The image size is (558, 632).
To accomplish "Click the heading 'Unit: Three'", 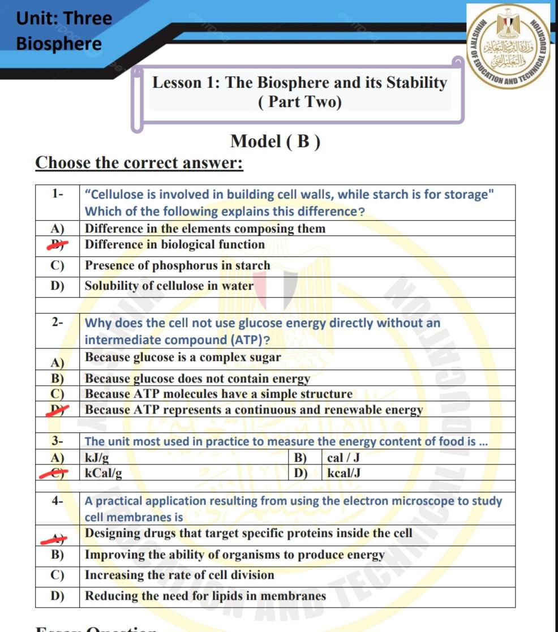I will tap(64, 18).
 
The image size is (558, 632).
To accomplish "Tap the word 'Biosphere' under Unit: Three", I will tap(59, 44).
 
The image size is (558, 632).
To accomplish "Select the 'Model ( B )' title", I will tap(276, 141).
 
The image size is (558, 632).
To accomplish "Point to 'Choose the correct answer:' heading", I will tap(139, 163).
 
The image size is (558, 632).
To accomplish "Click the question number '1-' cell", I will tap(57, 194).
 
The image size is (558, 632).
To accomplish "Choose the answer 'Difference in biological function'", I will tap(174, 245).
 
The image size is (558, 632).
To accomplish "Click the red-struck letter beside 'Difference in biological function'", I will tap(57, 245).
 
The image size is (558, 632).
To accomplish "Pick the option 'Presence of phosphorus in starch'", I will tap(177, 265).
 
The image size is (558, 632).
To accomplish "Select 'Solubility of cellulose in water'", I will tap(169, 286).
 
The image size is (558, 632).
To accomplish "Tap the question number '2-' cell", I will tap(57, 323).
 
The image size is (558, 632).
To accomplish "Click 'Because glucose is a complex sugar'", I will tap(182, 358).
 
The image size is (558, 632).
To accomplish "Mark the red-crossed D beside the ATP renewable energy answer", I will tap(57, 410).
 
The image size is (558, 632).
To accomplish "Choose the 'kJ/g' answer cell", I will tap(97, 458).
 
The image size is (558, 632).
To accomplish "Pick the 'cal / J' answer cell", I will tap(344, 458).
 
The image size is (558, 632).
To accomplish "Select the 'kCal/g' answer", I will tap(103, 473).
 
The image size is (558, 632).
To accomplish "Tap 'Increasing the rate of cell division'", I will tap(179, 575).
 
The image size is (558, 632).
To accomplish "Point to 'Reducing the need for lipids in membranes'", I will tap(205, 596).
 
